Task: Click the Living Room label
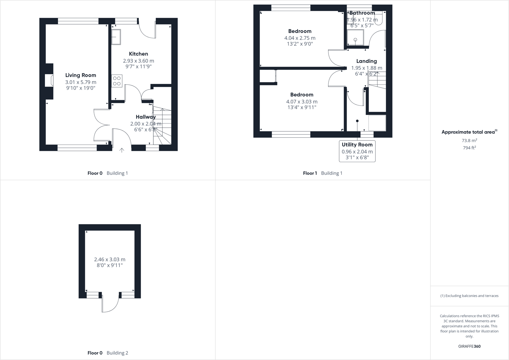point(81,75)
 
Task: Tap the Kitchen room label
point(138,54)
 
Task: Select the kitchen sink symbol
point(116,37)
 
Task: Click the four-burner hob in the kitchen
point(117,81)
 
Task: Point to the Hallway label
point(146,117)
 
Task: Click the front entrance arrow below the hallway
point(122,150)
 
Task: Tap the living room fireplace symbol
point(50,81)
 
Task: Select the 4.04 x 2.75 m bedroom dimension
point(300,38)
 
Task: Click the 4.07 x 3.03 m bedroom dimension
point(302,101)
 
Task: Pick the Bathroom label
point(362,13)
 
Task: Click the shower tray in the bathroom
point(355,38)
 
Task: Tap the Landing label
point(366,61)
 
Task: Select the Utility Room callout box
point(357,151)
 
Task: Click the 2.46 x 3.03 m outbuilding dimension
point(110,259)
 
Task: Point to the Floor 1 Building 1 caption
point(322,173)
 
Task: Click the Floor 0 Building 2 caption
point(108,353)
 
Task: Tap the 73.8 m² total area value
point(469,140)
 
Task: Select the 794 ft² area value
point(469,148)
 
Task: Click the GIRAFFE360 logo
point(469,346)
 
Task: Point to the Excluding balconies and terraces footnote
point(469,296)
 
